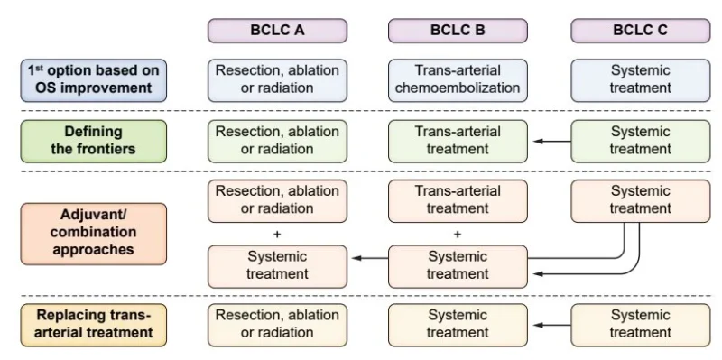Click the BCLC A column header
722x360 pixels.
pos(277,31)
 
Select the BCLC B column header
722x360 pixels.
pos(458,31)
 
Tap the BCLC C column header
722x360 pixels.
pos(641,31)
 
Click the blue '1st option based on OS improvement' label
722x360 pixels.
pos(94,80)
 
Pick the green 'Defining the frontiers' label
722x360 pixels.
pos(94,142)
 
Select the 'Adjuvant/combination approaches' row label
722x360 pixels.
pos(94,234)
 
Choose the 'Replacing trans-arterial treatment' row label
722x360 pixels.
pos(94,325)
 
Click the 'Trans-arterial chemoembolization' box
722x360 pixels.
pos(458,80)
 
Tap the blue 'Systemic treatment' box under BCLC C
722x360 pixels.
pos(641,80)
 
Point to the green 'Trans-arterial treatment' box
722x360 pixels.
pos(458,142)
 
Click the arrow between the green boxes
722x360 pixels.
pos(552,142)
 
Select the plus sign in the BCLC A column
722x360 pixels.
pos(277,235)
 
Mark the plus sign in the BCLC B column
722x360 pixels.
pos(458,235)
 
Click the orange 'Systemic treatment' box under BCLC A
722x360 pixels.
pos(277,266)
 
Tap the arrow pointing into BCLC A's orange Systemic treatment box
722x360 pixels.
pos(370,258)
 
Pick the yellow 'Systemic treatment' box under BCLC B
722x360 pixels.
pos(458,325)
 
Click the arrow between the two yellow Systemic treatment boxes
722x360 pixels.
pos(552,325)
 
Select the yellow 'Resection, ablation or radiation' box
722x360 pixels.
pos(277,325)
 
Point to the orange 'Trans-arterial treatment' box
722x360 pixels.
pos(458,201)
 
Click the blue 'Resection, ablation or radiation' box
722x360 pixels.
pos(277,80)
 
